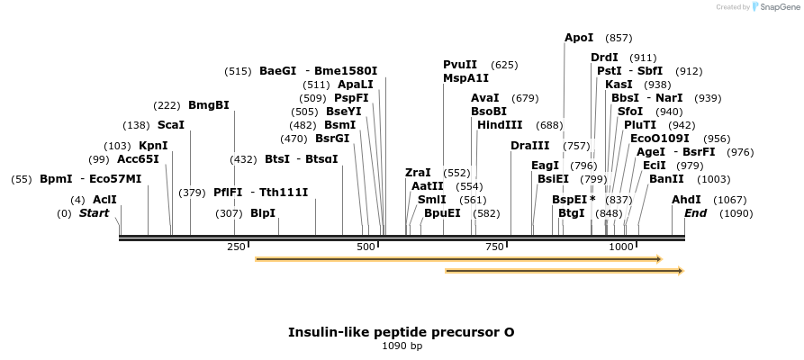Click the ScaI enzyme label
pyautogui.click(x=171, y=125)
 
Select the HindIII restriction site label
pyautogui.click(x=500, y=125)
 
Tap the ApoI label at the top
pyautogui.click(x=579, y=38)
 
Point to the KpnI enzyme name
pyautogui.click(x=153, y=146)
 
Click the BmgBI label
pyautogui.click(x=209, y=105)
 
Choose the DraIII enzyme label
pyautogui.click(x=530, y=146)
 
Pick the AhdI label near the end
pyautogui.click(x=686, y=200)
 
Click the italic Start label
pyautogui.click(x=94, y=213)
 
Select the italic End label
pyautogui.click(x=695, y=213)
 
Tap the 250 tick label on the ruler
pyautogui.click(x=237, y=247)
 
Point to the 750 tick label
pyautogui.click(x=494, y=247)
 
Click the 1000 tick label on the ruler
pyautogui.click(x=621, y=247)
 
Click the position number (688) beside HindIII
pyautogui.click(x=550, y=126)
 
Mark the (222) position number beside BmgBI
pyautogui.click(x=167, y=106)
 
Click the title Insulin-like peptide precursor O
pyautogui.click(x=401, y=332)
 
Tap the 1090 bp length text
pyautogui.click(x=402, y=346)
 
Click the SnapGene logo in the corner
pyautogui.click(x=776, y=6)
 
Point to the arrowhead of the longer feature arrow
pyautogui.click(x=660, y=259)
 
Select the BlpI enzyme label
pyautogui.click(x=263, y=213)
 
